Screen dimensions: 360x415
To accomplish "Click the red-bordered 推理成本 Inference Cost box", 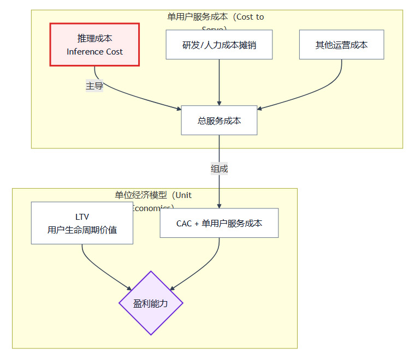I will point(94,44).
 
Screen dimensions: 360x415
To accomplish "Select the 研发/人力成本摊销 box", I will point(219,45).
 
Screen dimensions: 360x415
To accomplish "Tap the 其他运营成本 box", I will point(341,45).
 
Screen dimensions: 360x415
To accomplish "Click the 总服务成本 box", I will point(219,120).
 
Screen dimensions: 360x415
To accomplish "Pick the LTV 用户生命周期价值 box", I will point(82,223).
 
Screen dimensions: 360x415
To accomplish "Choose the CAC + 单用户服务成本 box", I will point(219,223).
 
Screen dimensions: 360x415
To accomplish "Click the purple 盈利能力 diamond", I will point(151,303).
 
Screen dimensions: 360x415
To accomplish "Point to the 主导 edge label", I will point(94,86).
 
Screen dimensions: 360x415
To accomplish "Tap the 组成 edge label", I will point(219,169).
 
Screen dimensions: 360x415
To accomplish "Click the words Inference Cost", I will point(94,52).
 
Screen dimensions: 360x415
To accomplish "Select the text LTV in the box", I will point(82,217).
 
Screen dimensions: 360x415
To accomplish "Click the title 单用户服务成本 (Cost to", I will point(216,17).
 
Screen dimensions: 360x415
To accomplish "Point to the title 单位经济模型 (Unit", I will point(153,195).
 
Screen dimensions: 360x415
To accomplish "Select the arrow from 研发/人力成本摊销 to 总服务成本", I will point(219,82).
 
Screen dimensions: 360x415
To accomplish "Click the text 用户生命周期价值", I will point(82,230).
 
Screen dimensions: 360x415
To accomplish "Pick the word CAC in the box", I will point(184,224).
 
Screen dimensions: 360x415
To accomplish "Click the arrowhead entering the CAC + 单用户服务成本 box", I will point(219,205).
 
